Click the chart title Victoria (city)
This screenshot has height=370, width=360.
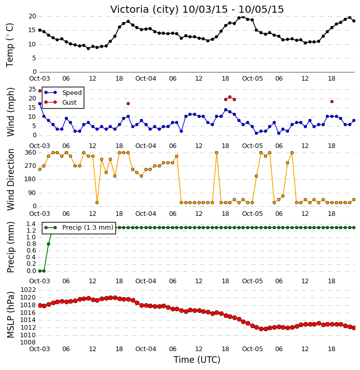tap(144, 10)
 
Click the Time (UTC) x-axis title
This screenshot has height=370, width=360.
tap(197, 360)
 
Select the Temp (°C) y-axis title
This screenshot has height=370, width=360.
tap(10, 45)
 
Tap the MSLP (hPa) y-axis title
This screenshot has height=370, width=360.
tap(11, 315)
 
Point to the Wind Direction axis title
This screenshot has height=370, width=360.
tap(11, 180)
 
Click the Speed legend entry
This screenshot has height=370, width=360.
tap(72, 93)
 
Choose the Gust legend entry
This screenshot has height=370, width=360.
tap(69, 103)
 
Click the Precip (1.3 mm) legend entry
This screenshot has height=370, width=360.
tap(88, 228)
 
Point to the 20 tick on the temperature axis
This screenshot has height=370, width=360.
tap(32, 16)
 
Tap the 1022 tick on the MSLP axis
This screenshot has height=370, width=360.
tap(28, 290)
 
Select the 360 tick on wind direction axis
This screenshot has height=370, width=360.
tap(31, 153)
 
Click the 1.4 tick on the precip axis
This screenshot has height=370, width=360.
tap(31, 224)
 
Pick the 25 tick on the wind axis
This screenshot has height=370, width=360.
tap(32, 89)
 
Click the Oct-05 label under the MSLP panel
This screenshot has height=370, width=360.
tap(252, 349)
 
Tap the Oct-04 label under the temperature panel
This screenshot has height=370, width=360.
tap(146, 79)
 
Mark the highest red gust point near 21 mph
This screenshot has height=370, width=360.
tap(230, 97)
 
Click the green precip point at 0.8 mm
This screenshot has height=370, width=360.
tap(49, 244)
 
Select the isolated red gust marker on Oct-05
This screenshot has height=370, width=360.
tap(332, 102)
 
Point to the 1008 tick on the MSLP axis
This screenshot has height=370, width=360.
tap(28, 342)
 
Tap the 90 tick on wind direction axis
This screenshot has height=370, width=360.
tap(32, 193)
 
